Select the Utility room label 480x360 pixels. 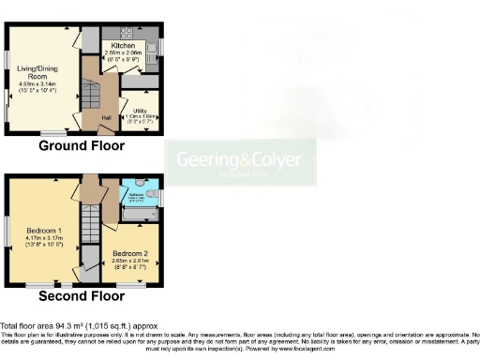[x=140, y=111]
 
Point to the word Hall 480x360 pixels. [x=106, y=118]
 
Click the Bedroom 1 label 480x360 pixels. [x=44, y=230]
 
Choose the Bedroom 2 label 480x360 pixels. [x=130, y=253]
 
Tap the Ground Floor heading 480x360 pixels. [x=82, y=147]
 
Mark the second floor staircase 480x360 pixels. [x=91, y=225]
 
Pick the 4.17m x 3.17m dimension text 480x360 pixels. [x=44, y=238]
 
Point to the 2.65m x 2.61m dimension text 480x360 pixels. [x=130, y=262]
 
